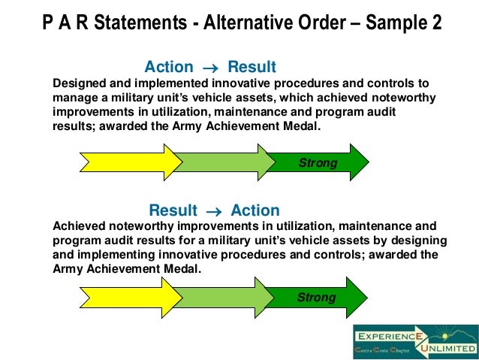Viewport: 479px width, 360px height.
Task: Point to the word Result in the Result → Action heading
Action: [173, 210]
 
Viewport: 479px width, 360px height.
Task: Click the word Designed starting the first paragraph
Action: [78, 83]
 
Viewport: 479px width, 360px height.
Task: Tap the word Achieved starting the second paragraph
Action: [80, 225]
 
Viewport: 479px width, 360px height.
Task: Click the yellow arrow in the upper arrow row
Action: [128, 162]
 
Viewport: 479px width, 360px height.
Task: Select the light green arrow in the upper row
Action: [225, 162]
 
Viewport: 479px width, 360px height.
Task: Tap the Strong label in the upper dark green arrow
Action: [318, 162]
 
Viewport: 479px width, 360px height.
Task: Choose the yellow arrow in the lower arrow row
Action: [128, 297]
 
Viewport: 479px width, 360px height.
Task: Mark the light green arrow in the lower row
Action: [225, 297]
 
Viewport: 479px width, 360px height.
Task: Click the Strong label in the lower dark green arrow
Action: [316, 297]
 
